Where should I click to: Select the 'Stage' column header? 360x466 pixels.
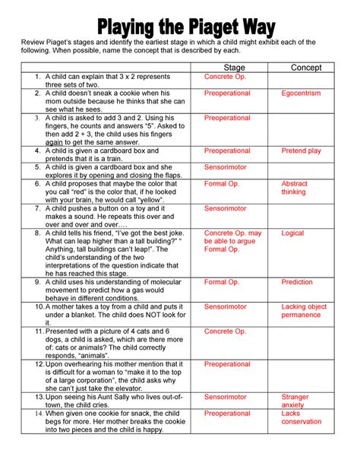(233, 68)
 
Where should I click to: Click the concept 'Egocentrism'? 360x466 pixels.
(301, 94)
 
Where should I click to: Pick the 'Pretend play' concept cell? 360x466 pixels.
(302, 151)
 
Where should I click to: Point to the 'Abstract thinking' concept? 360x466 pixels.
(295, 188)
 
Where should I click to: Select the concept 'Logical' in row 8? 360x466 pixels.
(292, 233)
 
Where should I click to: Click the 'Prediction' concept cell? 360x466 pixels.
(297, 282)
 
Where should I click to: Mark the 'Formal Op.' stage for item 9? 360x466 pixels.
(222, 282)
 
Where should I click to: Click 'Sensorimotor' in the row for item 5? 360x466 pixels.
(226, 166)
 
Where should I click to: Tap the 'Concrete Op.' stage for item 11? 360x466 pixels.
(225, 331)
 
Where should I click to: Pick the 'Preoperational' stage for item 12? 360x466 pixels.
(227, 364)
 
